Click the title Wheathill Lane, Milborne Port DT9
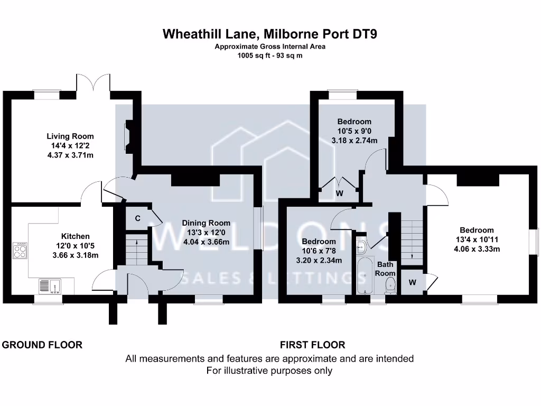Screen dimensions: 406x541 click(x=270, y=34)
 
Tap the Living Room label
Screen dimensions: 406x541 click(x=70, y=136)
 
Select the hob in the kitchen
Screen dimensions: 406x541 click(x=20, y=251)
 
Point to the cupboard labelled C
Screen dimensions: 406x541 click(x=137, y=218)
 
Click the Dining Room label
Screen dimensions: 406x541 click(x=206, y=223)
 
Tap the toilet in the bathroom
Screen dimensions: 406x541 click(x=390, y=285)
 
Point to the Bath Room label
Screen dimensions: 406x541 click(x=385, y=269)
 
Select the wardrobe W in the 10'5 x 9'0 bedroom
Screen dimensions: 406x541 click(x=340, y=193)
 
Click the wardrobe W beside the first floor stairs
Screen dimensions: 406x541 click(x=412, y=282)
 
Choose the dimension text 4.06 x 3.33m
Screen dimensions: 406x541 click(x=477, y=250)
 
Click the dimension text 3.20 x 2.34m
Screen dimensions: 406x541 click(x=319, y=260)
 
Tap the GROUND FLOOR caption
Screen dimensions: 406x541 click(x=42, y=345)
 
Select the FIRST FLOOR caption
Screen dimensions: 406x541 click(x=312, y=345)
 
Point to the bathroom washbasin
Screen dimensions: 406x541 click(x=361, y=245)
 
